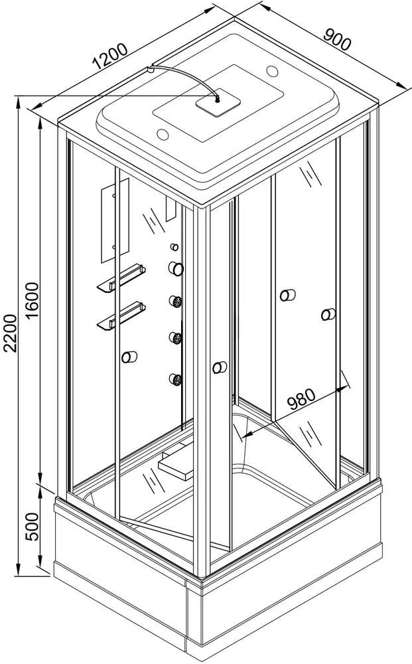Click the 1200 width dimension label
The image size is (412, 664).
pyautogui.click(x=110, y=56)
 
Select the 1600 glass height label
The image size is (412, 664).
pyautogui.click(x=33, y=302)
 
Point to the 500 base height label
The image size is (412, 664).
pyautogui.click(x=33, y=527)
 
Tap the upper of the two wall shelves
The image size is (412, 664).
pyautogui.click(x=122, y=278)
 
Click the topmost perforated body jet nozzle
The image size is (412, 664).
pyautogui.click(x=176, y=301)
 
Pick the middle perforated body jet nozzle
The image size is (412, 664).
pyautogui.click(x=176, y=338)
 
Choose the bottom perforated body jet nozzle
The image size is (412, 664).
pyautogui.click(x=176, y=379)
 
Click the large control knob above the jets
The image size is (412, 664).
pyautogui.click(x=176, y=268)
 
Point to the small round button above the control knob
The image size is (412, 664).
pyautogui.click(x=174, y=247)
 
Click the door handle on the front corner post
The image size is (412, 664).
pyautogui.click(x=220, y=367)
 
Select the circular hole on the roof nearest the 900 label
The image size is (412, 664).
pyautogui.click(x=273, y=70)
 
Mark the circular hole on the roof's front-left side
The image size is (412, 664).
pyautogui.click(x=163, y=134)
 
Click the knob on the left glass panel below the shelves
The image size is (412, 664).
pyautogui.click(x=129, y=357)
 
